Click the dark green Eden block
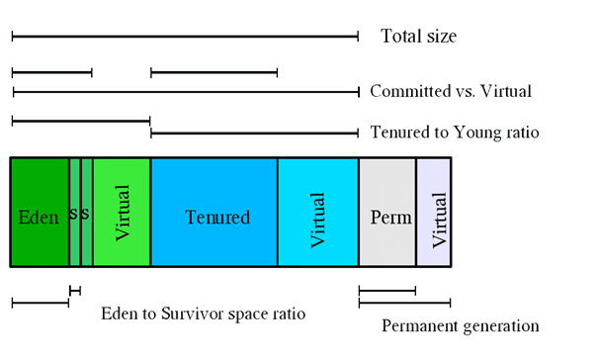(40, 242)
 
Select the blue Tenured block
(213, 213)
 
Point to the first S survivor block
(74, 213)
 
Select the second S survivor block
(87, 213)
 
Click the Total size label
(418, 37)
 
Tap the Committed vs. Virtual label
(451, 91)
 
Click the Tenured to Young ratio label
(455, 132)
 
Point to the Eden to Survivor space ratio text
(204, 314)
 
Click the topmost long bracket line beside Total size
(185, 37)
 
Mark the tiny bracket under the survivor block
(75, 290)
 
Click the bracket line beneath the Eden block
(40, 303)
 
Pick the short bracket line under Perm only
(386, 290)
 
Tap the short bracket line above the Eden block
(51, 72)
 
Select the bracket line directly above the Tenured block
(213, 72)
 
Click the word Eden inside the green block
(39, 217)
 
